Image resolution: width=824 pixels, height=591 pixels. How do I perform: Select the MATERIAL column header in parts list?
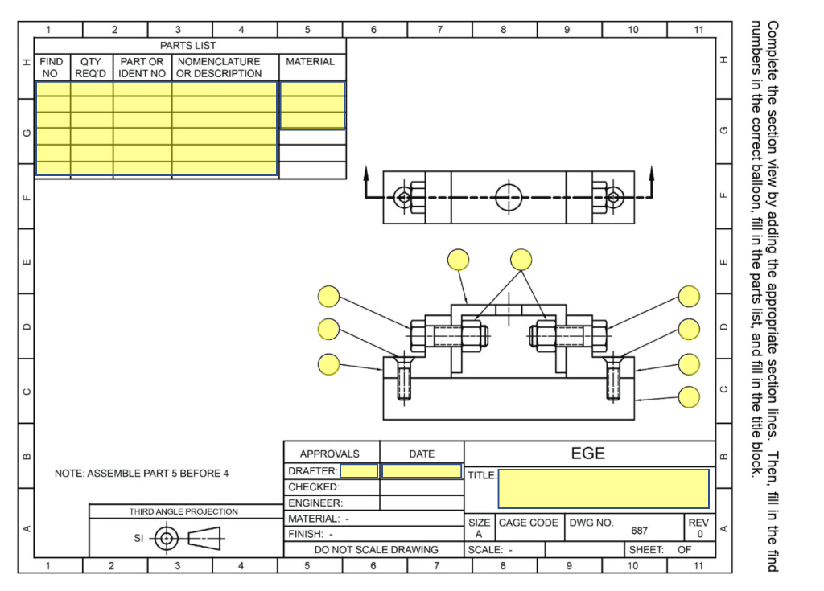click(x=310, y=62)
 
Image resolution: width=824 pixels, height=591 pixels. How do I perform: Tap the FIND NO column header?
click(x=51, y=68)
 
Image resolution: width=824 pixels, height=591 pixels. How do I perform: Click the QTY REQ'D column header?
click(x=91, y=68)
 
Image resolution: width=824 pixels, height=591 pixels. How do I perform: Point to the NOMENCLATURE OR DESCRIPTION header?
click(x=220, y=68)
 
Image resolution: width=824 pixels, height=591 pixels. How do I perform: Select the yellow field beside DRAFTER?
click(x=358, y=471)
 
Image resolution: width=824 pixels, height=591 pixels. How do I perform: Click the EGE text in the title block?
click(x=587, y=454)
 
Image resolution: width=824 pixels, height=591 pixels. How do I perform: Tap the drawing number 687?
click(x=639, y=531)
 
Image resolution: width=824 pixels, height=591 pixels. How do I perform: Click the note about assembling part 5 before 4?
click(x=142, y=473)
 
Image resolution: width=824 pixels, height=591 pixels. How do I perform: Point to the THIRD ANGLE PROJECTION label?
click(x=183, y=511)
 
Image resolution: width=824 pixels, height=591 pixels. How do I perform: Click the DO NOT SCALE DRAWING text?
click(x=373, y=550)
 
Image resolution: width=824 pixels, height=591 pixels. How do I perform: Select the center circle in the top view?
click(x=509, y=197)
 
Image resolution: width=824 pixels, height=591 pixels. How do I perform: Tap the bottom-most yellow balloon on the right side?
click(x=689, y=397)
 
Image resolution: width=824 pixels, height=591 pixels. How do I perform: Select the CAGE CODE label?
click(x=529, y=523)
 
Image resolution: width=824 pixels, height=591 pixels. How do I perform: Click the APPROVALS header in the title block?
click(x=330, y=454)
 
